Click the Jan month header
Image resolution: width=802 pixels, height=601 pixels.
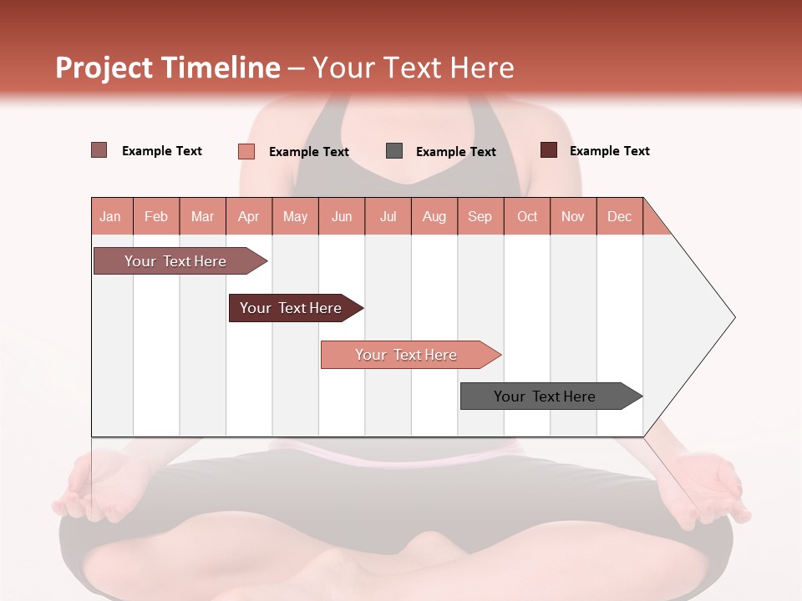click(110, 217)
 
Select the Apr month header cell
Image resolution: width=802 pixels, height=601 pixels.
click(248, 217)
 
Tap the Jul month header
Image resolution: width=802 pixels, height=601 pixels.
click(388, 217)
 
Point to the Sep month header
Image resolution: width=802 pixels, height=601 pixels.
click(480, 217)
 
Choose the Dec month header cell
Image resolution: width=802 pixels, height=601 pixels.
click(619, 217)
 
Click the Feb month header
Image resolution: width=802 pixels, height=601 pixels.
click(156, 217)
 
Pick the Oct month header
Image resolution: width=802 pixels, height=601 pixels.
click(526, 217)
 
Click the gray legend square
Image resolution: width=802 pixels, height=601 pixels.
click(394, 151)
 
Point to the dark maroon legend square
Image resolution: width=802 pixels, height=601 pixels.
click(548, 150)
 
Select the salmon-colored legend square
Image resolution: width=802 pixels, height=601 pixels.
click(246, 151)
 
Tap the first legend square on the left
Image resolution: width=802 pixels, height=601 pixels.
click(99, 150)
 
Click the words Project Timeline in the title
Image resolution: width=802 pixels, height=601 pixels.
click(168, 68)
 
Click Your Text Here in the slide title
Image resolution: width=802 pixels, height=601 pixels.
click(413, 68)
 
